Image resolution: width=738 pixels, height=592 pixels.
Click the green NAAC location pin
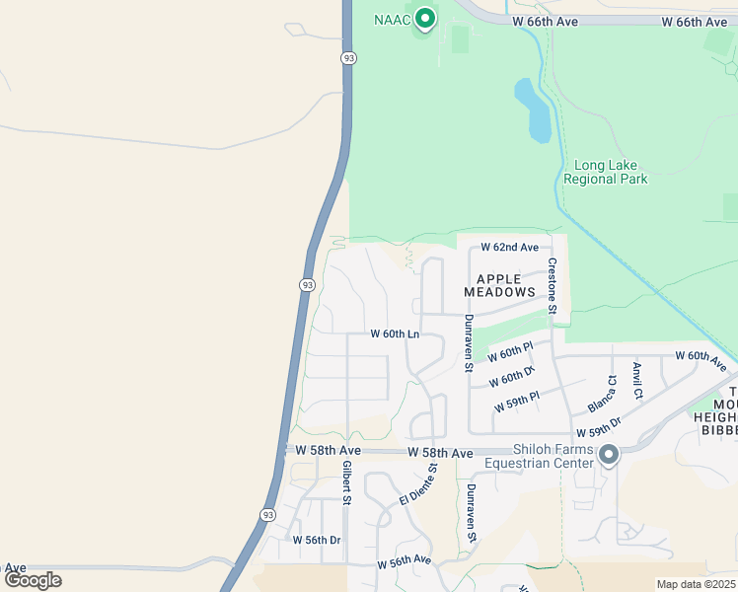tap(425, 19)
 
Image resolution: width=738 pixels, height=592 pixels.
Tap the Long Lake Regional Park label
tap(605, 172)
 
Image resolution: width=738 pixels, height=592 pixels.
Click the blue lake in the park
tap(535, 110)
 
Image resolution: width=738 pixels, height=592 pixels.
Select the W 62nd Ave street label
tap(510, 247)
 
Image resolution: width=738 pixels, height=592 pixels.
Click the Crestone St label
tap(553, 287)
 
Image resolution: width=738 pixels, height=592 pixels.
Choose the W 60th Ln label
tap(395, 334)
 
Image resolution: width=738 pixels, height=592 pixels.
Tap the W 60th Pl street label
tap(510, 352)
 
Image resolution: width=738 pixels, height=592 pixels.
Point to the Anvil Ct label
tap(637, 381)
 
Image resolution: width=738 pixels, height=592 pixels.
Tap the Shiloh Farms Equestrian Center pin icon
tap(609, 455)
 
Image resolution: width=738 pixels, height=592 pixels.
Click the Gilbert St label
tap(346, 482)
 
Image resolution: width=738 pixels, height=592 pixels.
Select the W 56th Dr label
tap(317, 540)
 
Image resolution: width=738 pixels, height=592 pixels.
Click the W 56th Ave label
tap(405, 560)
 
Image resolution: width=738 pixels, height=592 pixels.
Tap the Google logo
tap(34, 580)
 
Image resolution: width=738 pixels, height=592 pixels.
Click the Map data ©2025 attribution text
tap(695, 584)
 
